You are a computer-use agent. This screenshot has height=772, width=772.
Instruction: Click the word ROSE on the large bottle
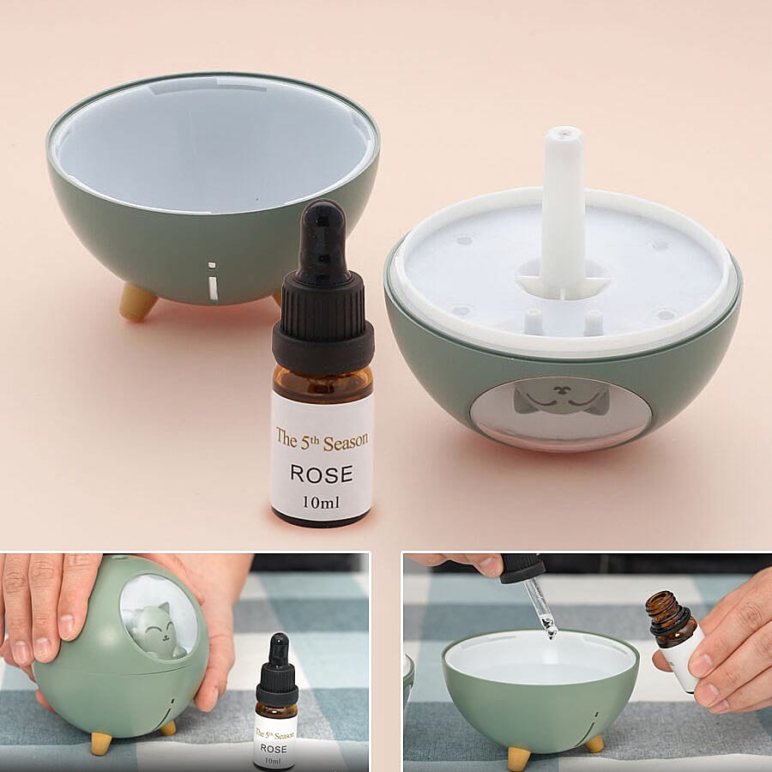pos(322,473)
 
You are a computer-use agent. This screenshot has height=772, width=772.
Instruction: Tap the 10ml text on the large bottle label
pos(321,502)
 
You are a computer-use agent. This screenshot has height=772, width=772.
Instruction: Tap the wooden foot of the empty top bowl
pos(137,301)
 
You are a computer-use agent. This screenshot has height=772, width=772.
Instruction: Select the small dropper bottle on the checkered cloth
pos(276,703)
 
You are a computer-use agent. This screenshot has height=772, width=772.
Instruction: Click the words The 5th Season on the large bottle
pos(322,439)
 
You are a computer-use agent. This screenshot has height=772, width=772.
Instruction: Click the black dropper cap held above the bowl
pos(522,568)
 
